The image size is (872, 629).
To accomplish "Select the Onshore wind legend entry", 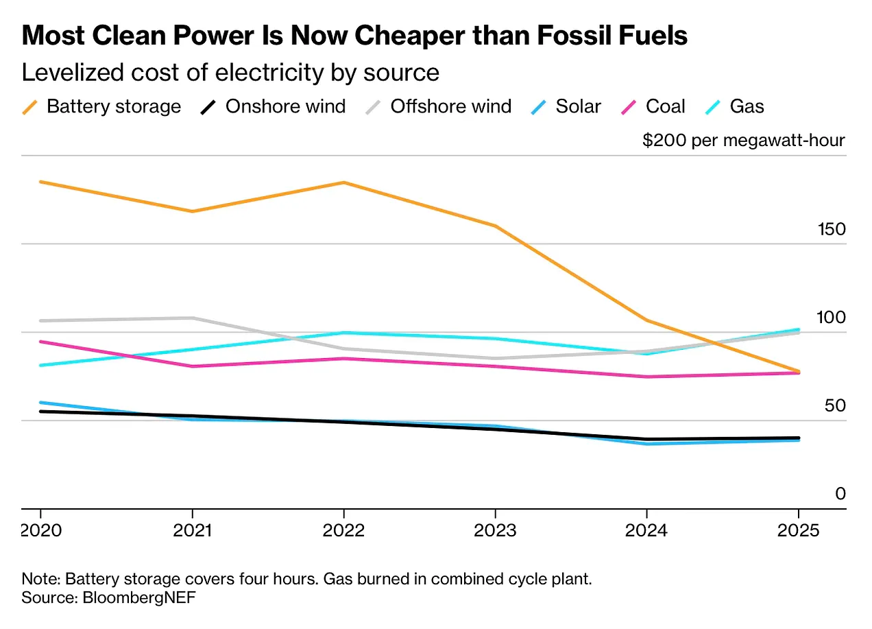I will pyautogui.click(x=274, y=106).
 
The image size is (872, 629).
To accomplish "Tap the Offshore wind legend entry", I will pyautogui.click(x=439, y=106).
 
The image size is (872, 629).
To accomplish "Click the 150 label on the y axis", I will pyautogui.click(x=832, y=229).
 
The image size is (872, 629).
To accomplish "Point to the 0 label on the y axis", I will pyautogui.click(x=840, y=494).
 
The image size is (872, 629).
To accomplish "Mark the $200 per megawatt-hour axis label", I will pyautogui.click(x=743, y=141).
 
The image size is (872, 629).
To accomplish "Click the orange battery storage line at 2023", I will pyautogui.click(x=495, y=226).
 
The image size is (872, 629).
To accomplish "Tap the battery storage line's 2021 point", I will pyautogui.click(x=193, y=211).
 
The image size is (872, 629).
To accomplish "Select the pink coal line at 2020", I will pyautogui.click(x=40, y=342).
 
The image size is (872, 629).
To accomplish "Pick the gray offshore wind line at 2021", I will pyautogui.click(x=193, y=318).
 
